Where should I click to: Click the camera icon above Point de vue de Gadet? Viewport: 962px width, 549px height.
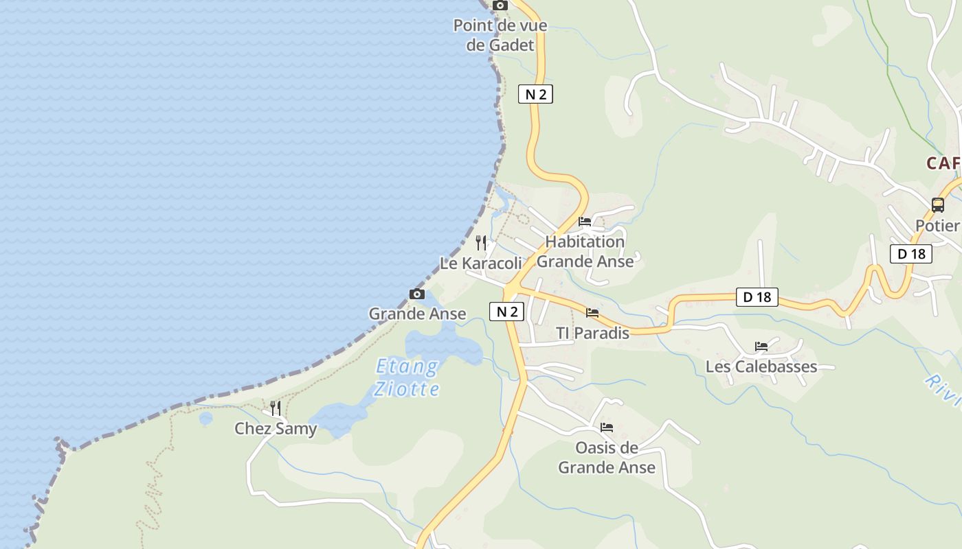pos(500,5)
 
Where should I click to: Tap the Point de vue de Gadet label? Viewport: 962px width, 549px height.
pos(500,36)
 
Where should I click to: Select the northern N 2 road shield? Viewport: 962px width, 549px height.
pos(535,94)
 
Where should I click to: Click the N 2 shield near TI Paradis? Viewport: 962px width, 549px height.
pos(506,312)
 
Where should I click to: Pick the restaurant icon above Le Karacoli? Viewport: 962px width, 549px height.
pos(481,242)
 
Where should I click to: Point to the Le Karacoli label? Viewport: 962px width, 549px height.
pos(481,264)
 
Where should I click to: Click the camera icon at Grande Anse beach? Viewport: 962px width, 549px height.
pos(416,294)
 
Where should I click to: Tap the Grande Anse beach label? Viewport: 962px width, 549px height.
pos(417,314)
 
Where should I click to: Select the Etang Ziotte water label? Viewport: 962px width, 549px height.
pos(407,378)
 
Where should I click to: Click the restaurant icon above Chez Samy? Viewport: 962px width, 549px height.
pos(275,408)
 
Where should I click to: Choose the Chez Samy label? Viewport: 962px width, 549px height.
pos(276,429)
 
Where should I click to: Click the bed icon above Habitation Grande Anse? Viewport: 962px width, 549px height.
pos(585,222)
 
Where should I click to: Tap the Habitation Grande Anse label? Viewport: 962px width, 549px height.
pos(585,251)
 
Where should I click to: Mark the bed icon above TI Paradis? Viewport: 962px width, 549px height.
pos(592,313)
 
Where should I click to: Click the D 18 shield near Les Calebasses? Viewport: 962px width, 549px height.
pos(757,297)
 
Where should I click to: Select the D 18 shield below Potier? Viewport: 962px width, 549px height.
pos(911,254)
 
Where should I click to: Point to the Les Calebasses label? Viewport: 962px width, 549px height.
pos(761,366)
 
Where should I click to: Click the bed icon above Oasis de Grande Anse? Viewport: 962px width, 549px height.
pos(607,428)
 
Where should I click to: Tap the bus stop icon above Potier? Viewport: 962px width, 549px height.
pos(937,205)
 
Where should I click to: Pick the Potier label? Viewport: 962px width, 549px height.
pos(937,226)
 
